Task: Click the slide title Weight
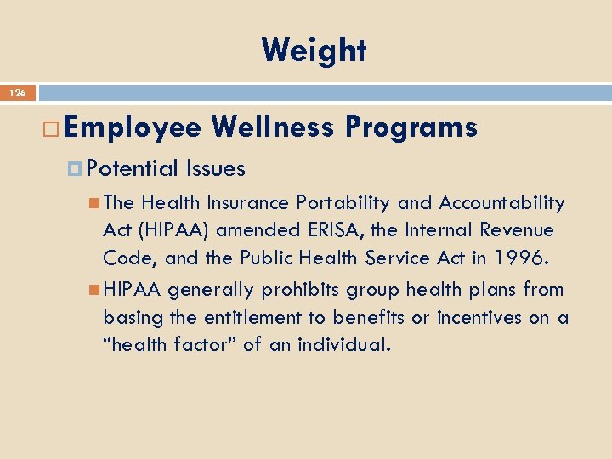tap(314, 51)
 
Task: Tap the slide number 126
tap(18, 93)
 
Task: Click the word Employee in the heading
tap(132, 127)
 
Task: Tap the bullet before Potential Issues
tap(76, 169)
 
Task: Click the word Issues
tap(216, 169)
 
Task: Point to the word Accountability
tap(501, 203)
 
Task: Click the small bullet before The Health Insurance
tap(94, 203)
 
